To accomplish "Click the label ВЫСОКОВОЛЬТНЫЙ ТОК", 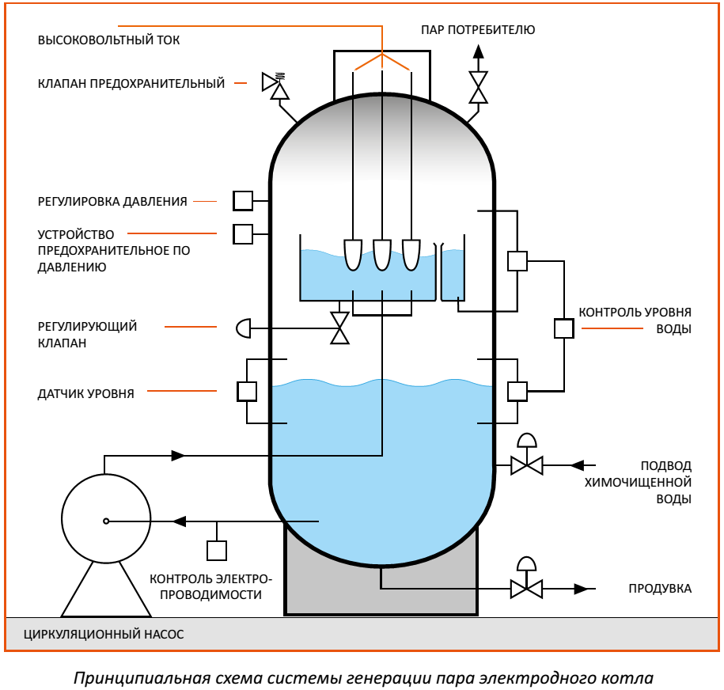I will (109, 40).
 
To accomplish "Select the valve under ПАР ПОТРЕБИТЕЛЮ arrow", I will (478, 87).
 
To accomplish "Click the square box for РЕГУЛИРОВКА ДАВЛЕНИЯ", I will (243, 201).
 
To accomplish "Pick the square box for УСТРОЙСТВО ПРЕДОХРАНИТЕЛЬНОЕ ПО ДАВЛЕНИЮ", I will (243, 233).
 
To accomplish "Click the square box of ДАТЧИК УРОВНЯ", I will (247, 391).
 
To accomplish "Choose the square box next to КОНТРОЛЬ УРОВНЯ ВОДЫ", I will (563, 328).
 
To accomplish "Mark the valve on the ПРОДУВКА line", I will (526, 589).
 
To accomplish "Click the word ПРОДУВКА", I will (660, 589).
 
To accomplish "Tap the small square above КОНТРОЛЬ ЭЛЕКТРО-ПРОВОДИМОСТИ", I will (217, 550).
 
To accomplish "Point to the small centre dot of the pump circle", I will (105, 521).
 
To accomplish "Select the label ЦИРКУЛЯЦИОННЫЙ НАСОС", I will (104, 635).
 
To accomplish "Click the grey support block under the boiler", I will (381, 593).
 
